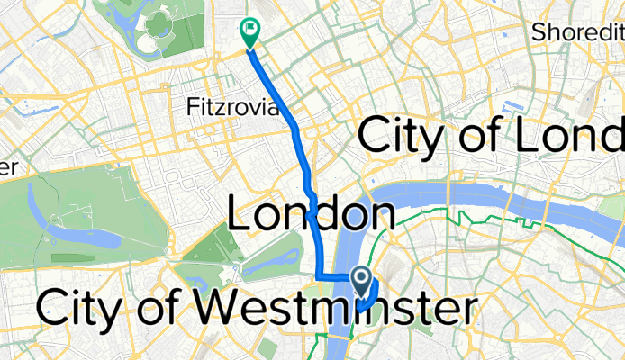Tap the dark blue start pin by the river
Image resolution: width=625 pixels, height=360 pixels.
click(x=363, y=280)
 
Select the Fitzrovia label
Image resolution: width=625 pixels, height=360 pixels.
click(x=222, y=107)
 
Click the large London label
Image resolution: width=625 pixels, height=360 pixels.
click(x=311, y=216)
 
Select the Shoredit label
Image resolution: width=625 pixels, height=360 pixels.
click(x=576, y=32)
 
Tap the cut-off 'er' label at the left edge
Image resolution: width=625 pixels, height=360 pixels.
click(x=8, y=168)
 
